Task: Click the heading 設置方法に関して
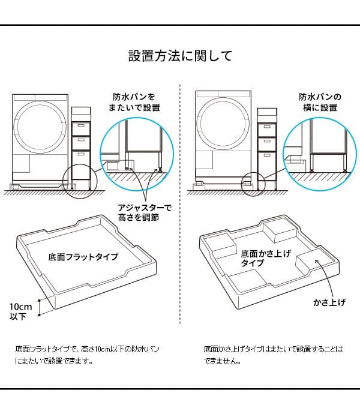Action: click(x=180, y=56)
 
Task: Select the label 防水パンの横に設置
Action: click(x=320, y=102)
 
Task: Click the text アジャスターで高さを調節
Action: click(x=145, y=212)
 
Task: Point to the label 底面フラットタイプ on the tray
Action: click(x=83, y=256)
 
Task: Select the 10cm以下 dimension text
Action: click(x=18, y=311)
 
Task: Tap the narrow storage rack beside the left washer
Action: click(x=80, y=147)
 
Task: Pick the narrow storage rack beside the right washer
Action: click(x=266, y=147)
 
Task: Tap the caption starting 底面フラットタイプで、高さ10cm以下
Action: click(x=88, y=355)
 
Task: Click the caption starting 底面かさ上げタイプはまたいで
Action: click(x=273, y=355)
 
